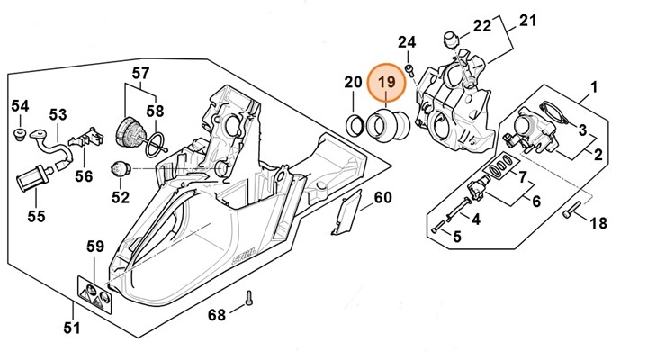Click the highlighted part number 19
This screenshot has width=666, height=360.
(387, 83)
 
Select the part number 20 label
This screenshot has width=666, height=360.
(353, 84)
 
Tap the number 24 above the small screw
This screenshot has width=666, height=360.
(408, 41)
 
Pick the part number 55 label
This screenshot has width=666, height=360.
(35, 216)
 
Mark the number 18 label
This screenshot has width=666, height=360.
(597, 223)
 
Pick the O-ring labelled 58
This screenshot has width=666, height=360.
(157, 139)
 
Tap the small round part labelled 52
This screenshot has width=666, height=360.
(120, 166)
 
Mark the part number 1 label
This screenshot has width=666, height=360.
(593, 87)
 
